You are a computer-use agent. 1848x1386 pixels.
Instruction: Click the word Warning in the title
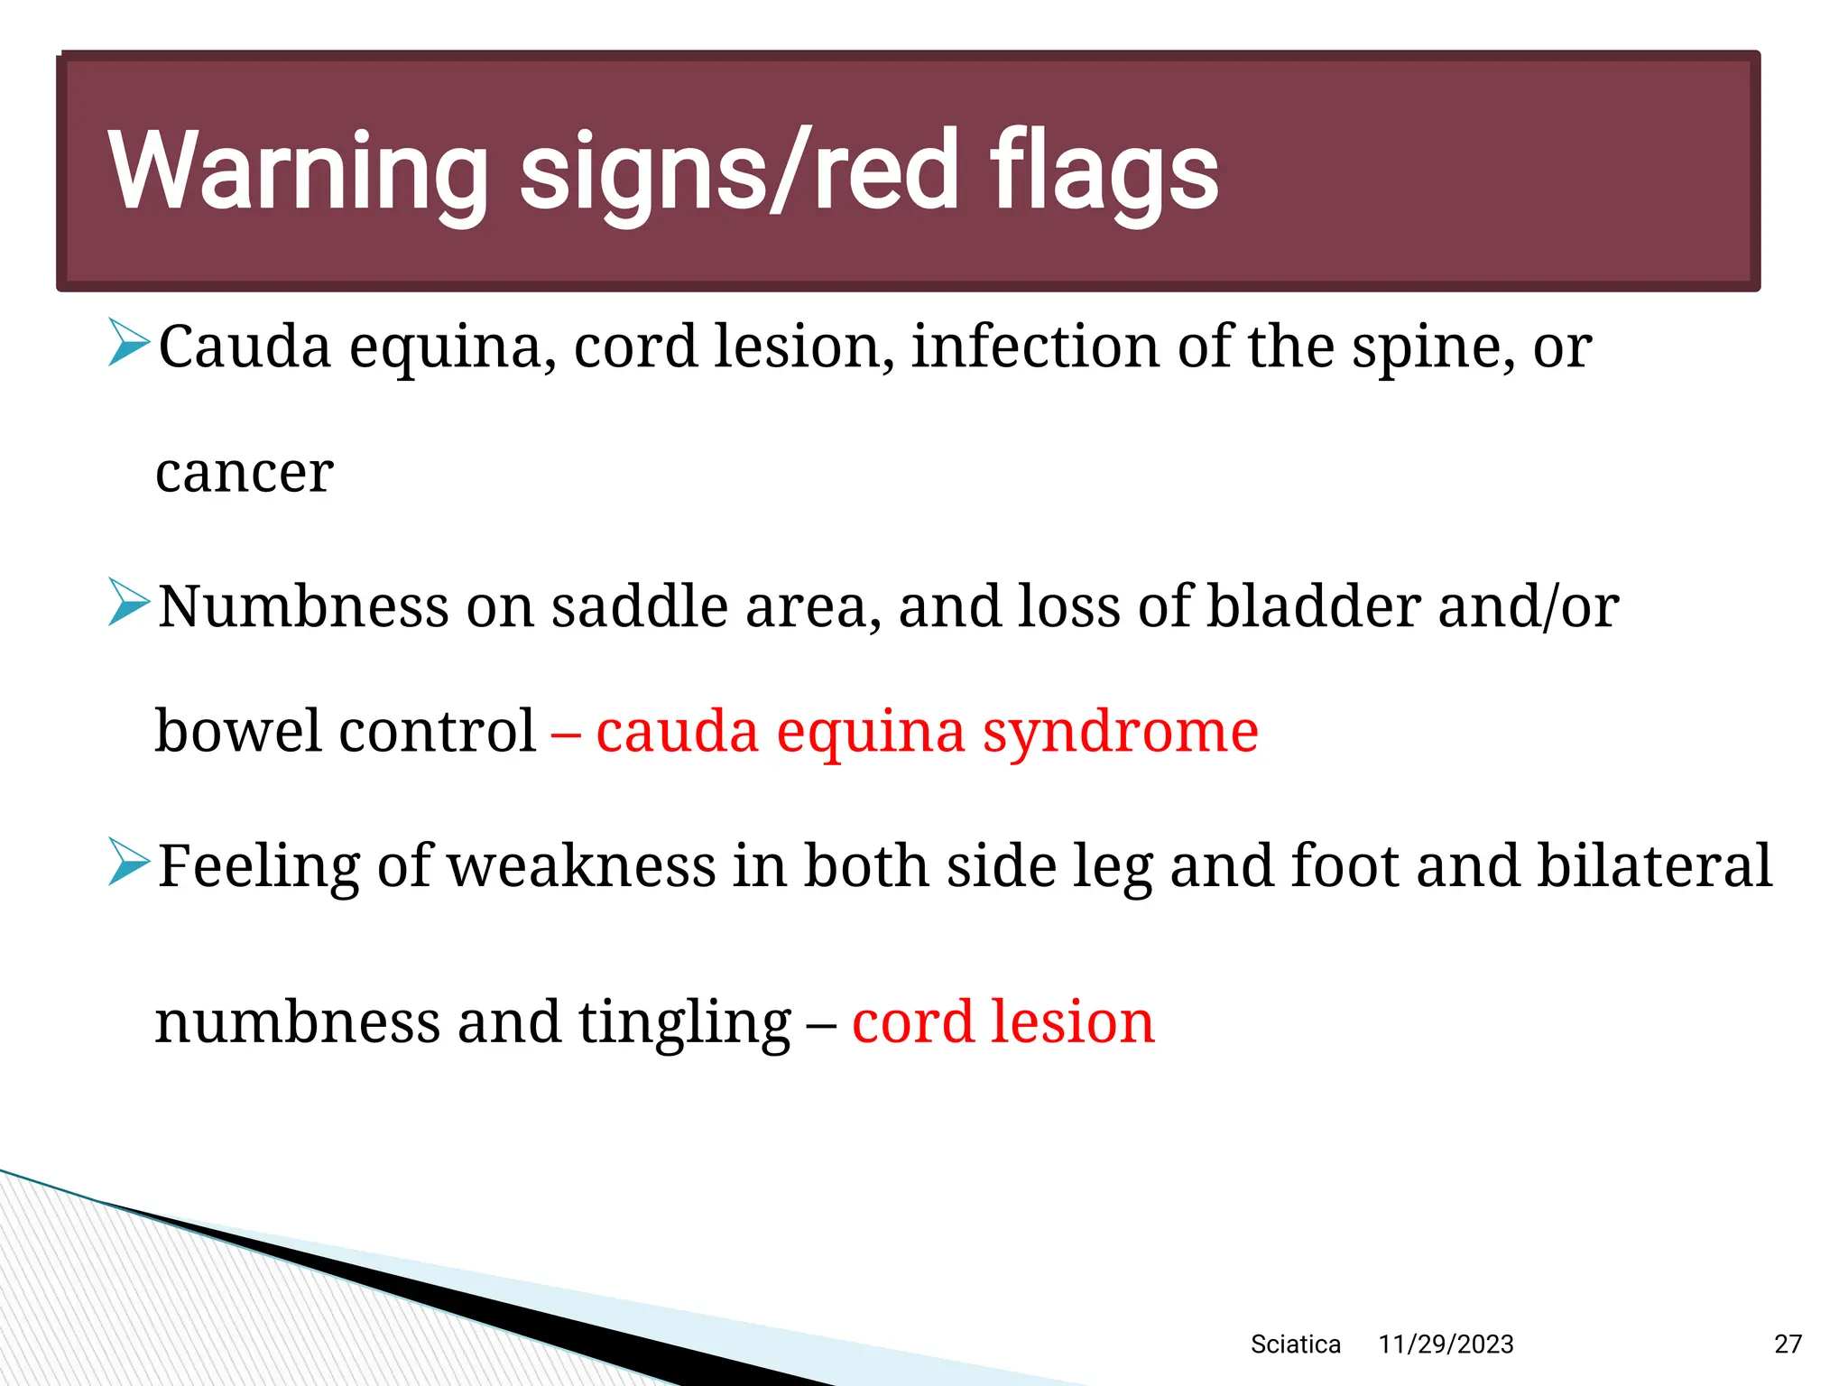[298, 171]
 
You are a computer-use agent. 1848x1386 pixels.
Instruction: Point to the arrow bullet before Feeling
[128, 862]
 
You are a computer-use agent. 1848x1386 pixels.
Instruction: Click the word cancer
[245, 473]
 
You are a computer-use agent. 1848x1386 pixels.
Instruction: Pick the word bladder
[1313, 605]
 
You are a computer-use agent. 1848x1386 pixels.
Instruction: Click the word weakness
[581, 865]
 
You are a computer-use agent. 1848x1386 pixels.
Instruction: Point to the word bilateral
[1654, 865]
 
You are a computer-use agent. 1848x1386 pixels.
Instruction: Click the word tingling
[684, 1024]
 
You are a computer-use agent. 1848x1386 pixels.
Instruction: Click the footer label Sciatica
[1295, 1344]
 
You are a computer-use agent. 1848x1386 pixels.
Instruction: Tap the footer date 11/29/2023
[1446, 1344]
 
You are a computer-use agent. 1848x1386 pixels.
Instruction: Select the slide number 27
[1788, 1344]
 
